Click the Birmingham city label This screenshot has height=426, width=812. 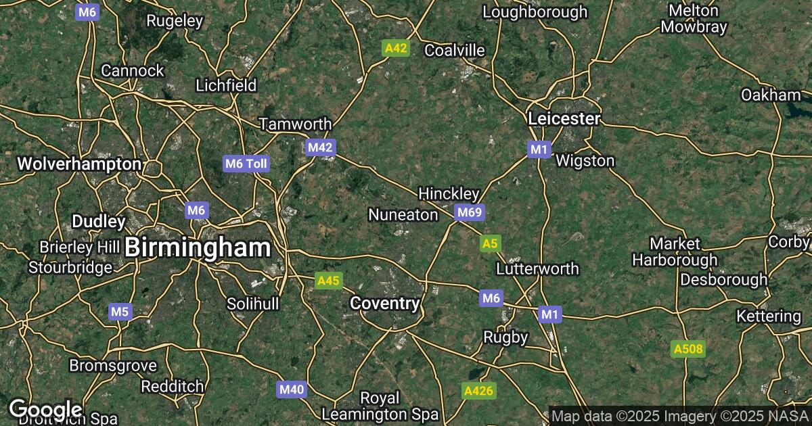[x=198, y=247]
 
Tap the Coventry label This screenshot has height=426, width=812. [x=384, y=304]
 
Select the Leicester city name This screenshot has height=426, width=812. [x=564, y=119]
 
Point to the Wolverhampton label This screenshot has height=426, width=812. [x=79, y=164]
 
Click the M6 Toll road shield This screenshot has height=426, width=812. [x=247, y=163]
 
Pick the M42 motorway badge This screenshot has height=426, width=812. [x=321, y=147]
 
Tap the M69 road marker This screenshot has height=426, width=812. [x=470, y=213]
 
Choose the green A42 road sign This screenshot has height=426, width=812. [x=396, y=47]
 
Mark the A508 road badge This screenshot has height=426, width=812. [x=688, y=349]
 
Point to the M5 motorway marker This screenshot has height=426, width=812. [x=119, y=312]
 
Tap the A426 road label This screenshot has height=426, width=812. [x=479, y=390]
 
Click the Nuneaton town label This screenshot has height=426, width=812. [x=403, y=214]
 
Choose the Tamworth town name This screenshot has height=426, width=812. [x=296, y=124]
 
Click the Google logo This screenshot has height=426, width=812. [x=45, y=409]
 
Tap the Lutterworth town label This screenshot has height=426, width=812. [x=537, y=268]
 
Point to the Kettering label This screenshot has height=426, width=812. [x=769, y=316]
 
